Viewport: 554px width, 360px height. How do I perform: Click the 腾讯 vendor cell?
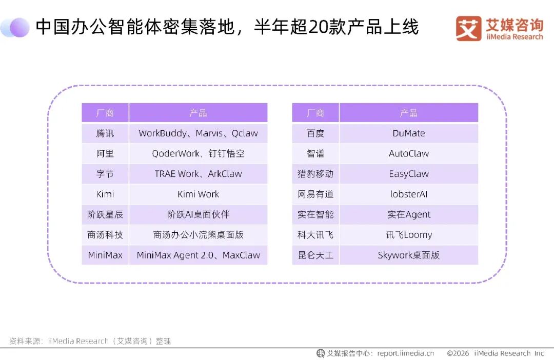105,133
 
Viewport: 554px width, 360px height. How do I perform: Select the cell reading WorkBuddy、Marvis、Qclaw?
198,133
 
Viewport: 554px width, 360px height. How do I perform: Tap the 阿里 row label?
105,153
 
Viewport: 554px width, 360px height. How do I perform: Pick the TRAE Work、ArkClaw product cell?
198,174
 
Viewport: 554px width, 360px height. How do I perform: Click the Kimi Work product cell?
198,194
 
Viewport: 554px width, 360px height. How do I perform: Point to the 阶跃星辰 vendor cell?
105,214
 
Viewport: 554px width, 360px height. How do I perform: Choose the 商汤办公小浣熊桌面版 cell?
198,234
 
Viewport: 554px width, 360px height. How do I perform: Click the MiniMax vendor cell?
105,255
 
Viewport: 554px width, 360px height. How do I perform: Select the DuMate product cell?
409,133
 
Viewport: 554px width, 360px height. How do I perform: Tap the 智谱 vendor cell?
315,153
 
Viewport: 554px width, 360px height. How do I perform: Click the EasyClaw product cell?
409,174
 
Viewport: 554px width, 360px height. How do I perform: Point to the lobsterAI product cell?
409,194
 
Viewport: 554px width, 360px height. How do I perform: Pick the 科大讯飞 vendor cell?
315,234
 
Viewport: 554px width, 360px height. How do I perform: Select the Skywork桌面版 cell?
409,255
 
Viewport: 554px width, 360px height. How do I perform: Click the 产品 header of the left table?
198,113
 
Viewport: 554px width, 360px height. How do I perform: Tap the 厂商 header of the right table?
315,113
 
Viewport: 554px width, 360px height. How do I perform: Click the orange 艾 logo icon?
468,28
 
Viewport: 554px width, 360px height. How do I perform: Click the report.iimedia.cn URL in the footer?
406,353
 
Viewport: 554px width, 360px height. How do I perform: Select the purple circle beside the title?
19,27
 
